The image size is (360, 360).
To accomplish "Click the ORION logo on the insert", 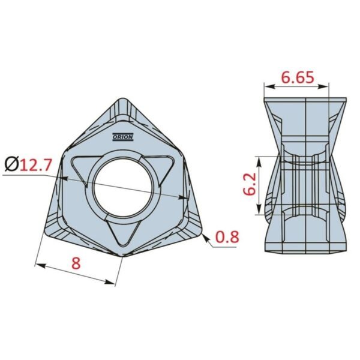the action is point(123,137).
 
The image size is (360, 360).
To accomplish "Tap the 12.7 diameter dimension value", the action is point(35,164).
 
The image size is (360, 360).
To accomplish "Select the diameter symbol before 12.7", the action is point(11,164).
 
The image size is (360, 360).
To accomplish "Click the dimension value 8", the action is point(76,263).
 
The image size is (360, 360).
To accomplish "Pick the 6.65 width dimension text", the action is point(298,77).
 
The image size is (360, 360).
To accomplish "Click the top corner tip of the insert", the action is point(123,99).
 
